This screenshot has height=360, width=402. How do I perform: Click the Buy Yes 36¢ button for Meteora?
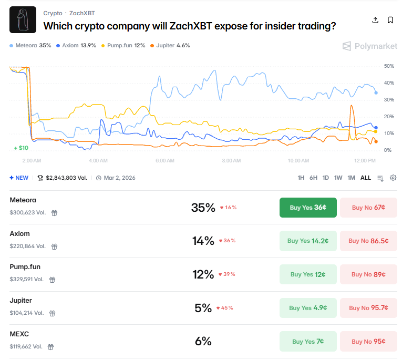[x=308, y=208]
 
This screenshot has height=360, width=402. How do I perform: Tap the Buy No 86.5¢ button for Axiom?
[x=368, y=241]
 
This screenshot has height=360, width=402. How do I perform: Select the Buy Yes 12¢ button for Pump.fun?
[x=308, y=274]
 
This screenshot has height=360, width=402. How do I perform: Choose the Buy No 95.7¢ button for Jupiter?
[x=368, y=308]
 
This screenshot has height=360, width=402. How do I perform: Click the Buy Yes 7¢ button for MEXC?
[x=308, y=342]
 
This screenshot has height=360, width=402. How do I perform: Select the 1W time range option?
[x=338, y=178]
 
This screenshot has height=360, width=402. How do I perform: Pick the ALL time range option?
[x=366, y=178]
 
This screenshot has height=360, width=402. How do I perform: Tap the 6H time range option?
[x=313, y=178]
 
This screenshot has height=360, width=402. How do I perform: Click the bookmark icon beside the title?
[x=390, y=20]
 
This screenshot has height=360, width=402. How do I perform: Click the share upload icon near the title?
[x=375, y=20]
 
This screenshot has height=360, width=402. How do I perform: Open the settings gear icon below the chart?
[x=393, y=178]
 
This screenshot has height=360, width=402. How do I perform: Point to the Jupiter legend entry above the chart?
[x=170, y=46]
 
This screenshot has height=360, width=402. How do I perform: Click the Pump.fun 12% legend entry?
[x=126, y=46]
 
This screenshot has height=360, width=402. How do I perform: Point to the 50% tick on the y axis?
[x=389, y=66]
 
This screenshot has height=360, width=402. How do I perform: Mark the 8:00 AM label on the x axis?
[x=231, y=160]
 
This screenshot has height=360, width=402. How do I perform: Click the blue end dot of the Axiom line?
[x=376, y=128]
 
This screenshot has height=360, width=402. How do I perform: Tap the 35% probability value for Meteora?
[x=203, y=208]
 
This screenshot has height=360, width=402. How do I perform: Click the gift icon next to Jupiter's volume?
[x=52, y=313]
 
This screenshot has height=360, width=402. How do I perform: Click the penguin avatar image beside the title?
[x=23, y=20]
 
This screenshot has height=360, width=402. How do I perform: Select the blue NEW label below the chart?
[x=19, y=178]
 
